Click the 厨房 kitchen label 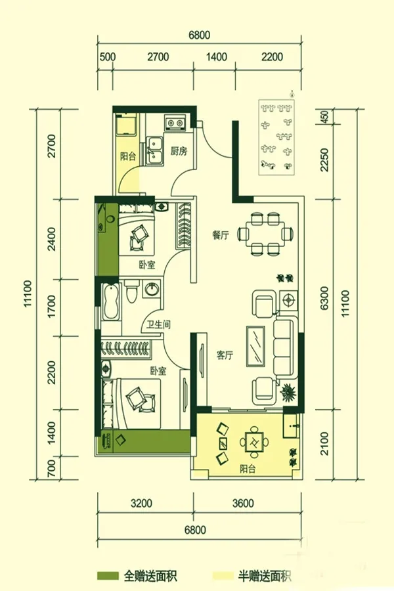click(179, 152)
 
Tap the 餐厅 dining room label click(221, 236)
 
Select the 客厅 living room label click(225, 355)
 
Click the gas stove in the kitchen click(175, 123)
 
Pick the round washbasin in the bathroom click(152, 290)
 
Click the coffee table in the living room click(256, 346)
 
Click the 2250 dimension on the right click(324, 160)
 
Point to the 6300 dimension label click(324, 298)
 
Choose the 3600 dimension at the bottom click(243, 503)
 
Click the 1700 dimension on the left click(51, 305)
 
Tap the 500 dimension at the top click(108, 57)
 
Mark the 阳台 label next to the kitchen click(128, 157)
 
